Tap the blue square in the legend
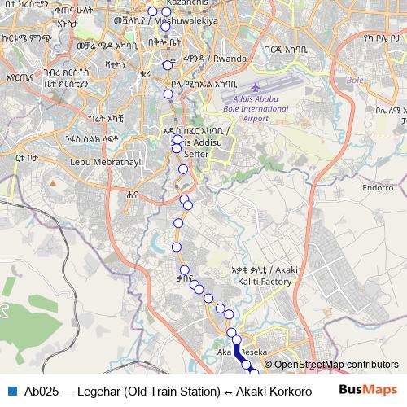pos(11,390)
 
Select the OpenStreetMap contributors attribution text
pos(335,365)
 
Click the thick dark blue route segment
pos(238,352)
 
